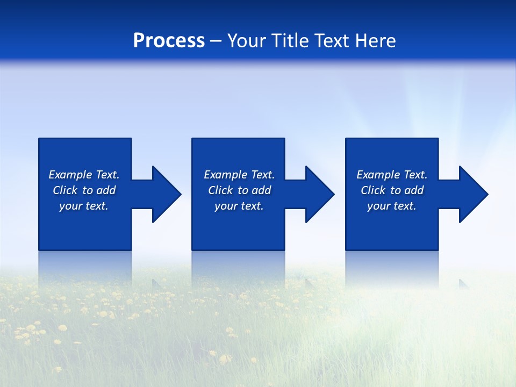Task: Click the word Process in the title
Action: (169, 41)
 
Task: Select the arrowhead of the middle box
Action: (319, 194)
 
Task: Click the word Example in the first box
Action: (70, 175)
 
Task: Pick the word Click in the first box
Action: (66, 190)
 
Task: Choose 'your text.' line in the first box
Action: (84, 206)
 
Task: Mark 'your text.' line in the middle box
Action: (239, 206)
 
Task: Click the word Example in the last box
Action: (378, 175)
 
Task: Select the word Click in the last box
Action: (373, 190)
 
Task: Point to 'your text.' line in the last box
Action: (391, 206)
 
